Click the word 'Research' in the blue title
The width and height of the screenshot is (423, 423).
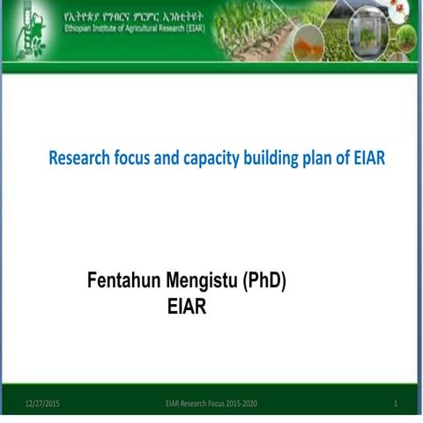click(x=80, y=160)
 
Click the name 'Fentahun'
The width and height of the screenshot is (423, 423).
click(x=124, y=281)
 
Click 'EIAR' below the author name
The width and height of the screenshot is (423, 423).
click(x=186, y=308)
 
